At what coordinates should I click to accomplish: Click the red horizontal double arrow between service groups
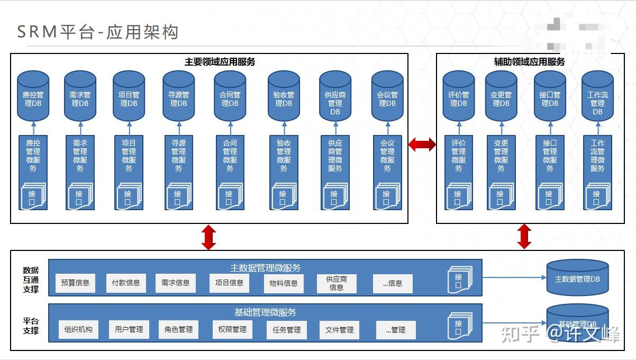pyautogui.click(x=422, y=144)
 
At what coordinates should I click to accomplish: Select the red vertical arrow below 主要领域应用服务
pyautogui.click(x=209, y=237)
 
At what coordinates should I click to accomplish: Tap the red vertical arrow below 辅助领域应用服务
pyautogui.click(x=524, y=236)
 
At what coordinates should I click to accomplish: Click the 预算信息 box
pyautogui.click(x=75, y=283)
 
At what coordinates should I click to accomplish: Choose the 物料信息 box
pyautogui.click(x=284, y=283)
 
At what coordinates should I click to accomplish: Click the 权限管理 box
pyautogui.click(x=232, y=329)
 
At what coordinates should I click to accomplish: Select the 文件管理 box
pyautogui.click(x=339, y=330)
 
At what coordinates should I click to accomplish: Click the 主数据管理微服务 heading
pyautogui.click(x=265, y=267)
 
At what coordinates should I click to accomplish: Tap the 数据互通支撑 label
pyautogui.click(x=31, y=280)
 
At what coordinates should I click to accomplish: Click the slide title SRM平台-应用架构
pyautogui.click(x=98, y=32)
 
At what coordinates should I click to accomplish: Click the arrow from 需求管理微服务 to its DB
pyautogui.click(x=80, y=128)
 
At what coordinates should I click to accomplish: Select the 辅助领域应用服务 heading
pyautogui.click(x=529, y=62)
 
